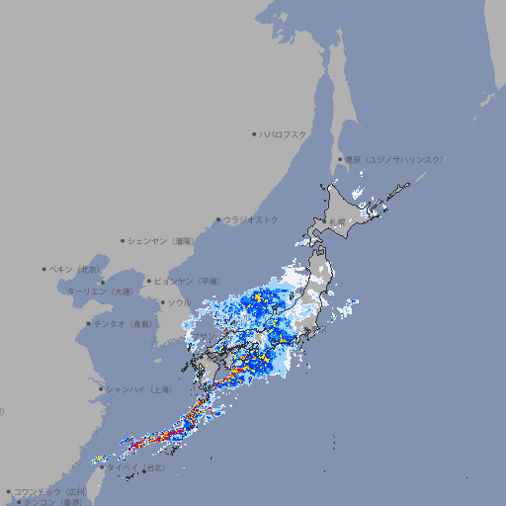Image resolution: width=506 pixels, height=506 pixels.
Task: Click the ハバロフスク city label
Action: (x=283, y=133)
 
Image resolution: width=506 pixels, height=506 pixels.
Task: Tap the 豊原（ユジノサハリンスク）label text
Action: (x=393, y=159)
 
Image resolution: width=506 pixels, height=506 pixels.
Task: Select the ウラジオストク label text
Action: (x=251, y=219)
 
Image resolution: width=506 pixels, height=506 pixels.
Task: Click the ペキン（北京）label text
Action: (x=75, y=269)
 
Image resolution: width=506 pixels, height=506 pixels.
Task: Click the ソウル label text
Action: (x=179, y=302)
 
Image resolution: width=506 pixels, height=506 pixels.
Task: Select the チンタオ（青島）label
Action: (x=123, y=323)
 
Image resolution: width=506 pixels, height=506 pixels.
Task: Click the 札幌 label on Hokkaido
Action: (x=337, y=221)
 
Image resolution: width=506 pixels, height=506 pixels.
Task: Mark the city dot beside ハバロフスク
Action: (x=254, y=133)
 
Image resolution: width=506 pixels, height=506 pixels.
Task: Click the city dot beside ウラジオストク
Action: (x=218, y=219)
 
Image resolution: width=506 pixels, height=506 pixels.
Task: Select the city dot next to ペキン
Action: (x=44, y=269)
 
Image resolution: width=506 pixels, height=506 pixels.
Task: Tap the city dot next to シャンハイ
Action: (x=101, y=389)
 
